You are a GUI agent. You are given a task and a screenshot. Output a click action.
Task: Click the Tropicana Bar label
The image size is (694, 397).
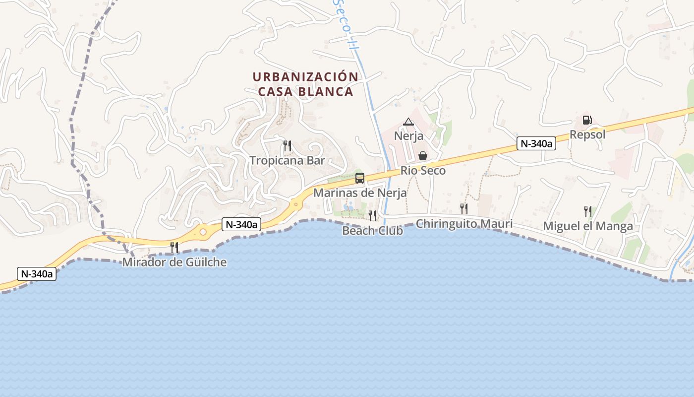coord(287,160)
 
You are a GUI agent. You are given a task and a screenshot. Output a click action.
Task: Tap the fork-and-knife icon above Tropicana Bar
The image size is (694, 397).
coord(287,146)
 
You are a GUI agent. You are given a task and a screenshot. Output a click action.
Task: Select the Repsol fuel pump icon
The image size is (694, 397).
coord(587,120)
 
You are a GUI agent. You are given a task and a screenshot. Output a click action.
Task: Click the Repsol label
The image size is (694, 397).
coord(587,134)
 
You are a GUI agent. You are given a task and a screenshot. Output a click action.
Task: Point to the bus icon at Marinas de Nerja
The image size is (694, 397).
coord(360,178)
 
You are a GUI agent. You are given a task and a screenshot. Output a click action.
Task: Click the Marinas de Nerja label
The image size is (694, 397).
coord(360,193)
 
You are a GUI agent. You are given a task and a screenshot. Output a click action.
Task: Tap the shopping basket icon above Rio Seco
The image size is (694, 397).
coord(423,156)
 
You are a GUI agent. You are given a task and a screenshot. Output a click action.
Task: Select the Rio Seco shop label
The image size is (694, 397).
coord(423,171)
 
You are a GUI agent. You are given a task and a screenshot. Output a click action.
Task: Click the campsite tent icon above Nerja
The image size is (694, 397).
coord(408,122)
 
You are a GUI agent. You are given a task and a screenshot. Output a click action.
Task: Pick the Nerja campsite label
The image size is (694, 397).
coord(408,135)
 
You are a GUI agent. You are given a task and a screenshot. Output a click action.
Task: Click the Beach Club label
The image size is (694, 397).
coord(372,230)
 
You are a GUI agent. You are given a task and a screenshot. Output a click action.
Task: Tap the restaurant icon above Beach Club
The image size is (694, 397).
coord(372,215)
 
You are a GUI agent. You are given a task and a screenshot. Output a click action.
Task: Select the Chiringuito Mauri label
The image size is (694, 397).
coord(464,224)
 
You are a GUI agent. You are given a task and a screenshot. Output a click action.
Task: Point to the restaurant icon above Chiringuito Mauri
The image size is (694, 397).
coord(463,208)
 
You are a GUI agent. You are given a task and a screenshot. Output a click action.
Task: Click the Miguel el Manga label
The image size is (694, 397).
coord(588,226)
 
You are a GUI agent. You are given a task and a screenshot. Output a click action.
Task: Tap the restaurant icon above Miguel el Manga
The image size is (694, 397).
coord(587,211)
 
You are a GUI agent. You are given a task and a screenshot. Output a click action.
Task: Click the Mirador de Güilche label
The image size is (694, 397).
coord(174,262)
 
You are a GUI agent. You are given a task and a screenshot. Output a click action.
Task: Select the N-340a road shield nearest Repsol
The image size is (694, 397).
coord(536,144)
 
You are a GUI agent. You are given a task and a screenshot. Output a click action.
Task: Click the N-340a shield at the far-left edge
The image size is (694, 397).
coord(37,273)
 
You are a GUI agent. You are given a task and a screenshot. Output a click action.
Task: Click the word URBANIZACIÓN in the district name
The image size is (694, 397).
coord(305,77)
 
